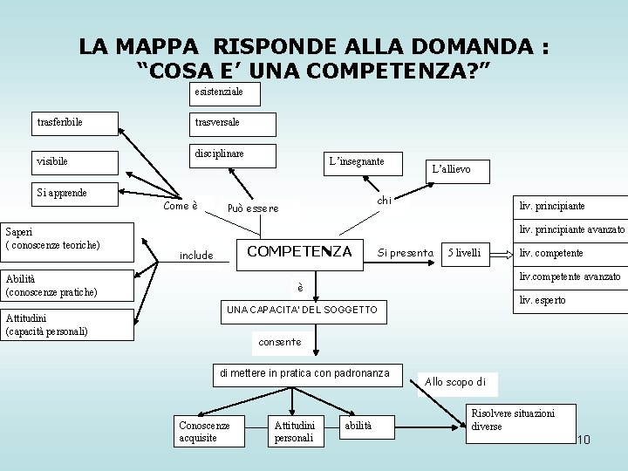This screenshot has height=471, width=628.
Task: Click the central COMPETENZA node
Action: [300, 252]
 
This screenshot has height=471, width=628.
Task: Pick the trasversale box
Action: [232, 123]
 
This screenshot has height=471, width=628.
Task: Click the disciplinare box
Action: [232, 154]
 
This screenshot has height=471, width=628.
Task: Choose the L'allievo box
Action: [451, 169]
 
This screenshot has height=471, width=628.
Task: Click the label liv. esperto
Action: [542, 300]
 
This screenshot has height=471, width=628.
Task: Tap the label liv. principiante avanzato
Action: [571, 230]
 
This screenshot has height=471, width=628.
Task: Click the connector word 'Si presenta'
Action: [406, 254]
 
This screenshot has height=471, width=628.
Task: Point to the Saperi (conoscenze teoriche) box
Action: [66, 240]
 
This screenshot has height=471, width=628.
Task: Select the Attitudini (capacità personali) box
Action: [66, 324]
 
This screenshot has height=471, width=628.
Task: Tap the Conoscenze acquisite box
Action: [206, 432]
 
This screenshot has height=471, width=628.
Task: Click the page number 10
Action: [583, 439]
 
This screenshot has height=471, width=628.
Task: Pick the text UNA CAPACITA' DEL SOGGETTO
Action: [302, 311]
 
